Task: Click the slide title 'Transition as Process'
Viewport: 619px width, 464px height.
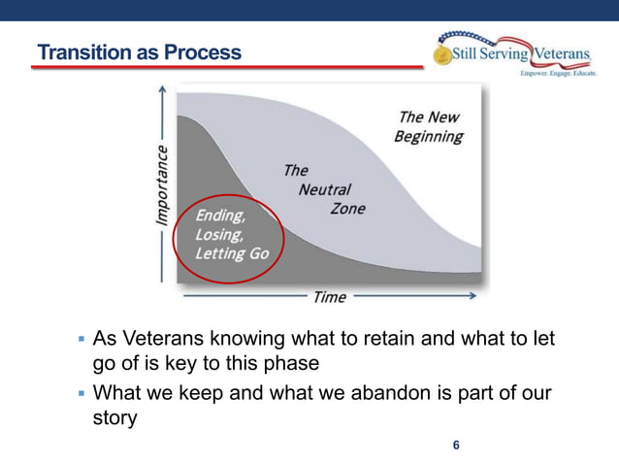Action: click(138, 51)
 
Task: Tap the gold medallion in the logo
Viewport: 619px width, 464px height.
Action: click(442, 54)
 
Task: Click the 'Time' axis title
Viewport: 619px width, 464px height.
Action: click(329, 297)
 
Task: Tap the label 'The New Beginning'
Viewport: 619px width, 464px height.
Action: click(428, 126)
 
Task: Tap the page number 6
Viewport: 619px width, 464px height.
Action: click(456, 446)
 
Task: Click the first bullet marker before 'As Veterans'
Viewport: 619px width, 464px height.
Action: click(81, 342)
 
